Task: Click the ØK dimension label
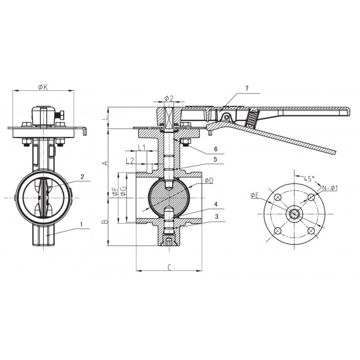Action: (x=43, y=87)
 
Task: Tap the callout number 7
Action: (x=247, y=88)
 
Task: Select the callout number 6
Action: (x=215, y=149)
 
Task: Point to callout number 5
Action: (x=215, y=159)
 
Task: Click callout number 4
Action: (x=216, y=204)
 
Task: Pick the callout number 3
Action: (x=217, y=217)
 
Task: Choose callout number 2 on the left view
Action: (x=82, y=177)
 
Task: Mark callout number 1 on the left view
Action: (x=81, y=224)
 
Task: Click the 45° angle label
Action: (x=309, y=179)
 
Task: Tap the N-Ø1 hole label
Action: (x=330, y=188)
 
